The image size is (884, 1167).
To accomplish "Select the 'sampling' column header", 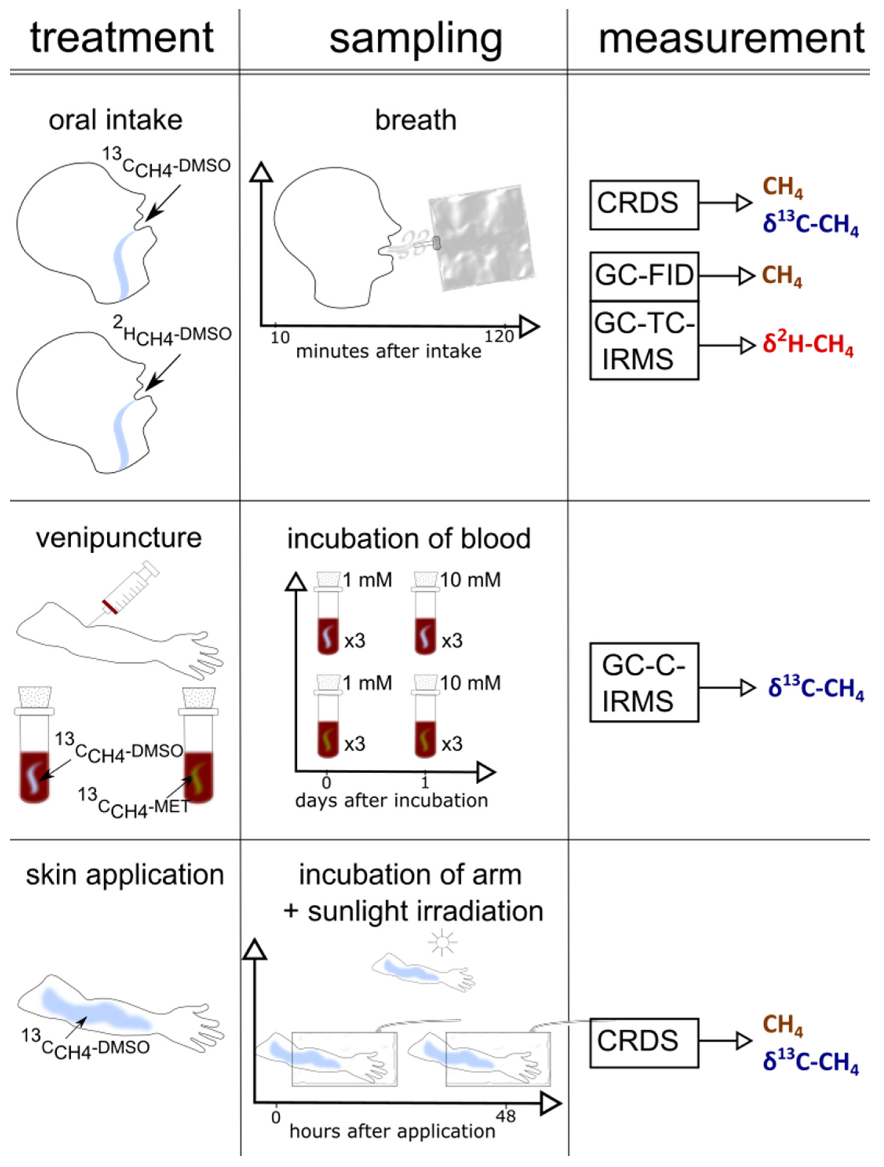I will [415, 40].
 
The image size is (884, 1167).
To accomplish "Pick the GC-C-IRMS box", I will [644, 682].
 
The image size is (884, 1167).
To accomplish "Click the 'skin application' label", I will [125, 875].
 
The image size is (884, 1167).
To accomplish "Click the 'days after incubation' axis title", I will [391, 800].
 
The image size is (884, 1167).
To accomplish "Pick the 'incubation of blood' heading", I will [409, 539].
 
